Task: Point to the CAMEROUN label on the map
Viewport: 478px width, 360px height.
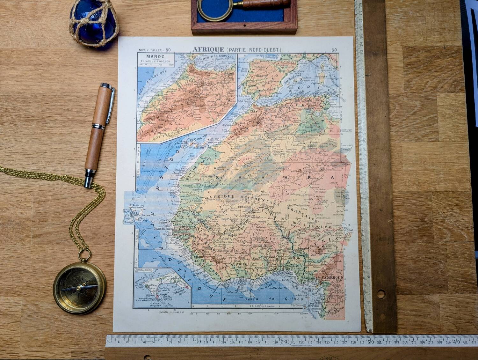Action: coord(332,278)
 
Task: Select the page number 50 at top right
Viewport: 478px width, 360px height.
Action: coord(334,50)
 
